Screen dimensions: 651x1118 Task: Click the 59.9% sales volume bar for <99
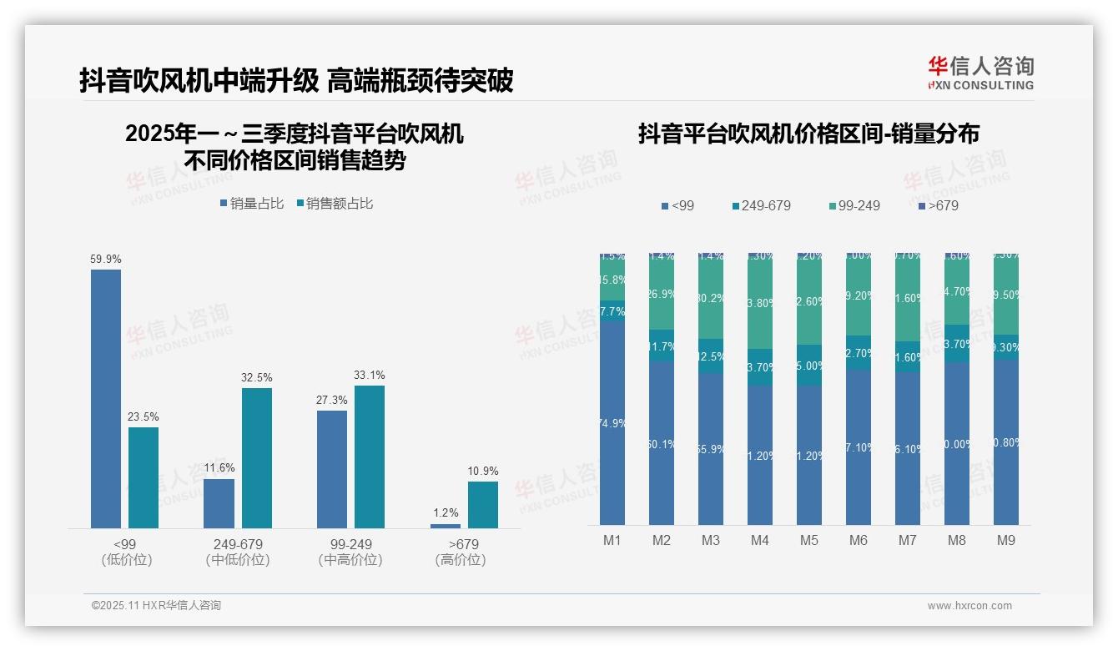coord(106,398)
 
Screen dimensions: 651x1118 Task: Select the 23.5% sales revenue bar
coord(144,477)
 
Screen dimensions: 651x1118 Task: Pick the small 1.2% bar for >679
coord(446,526)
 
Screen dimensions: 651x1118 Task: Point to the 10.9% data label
coord(482,471)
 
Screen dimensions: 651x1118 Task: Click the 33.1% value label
coord(370,375)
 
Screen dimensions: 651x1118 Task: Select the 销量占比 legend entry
coord(252,203)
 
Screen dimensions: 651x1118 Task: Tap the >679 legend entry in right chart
coord(938,205)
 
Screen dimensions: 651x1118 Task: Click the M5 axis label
coord(808,540)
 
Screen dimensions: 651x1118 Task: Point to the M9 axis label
coord(1006,540)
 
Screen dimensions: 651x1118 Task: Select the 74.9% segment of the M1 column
coord(612,422)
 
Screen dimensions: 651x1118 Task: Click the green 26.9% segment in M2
coord(662,293)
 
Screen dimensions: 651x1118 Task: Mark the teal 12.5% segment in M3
coord(711,356)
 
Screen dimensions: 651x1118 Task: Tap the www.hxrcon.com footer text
coord(969,606)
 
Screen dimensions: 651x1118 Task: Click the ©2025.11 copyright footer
coord(156,606)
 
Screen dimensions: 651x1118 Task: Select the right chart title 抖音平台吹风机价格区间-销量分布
coord(808,134)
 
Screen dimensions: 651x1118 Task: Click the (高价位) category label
coord(461,560)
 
